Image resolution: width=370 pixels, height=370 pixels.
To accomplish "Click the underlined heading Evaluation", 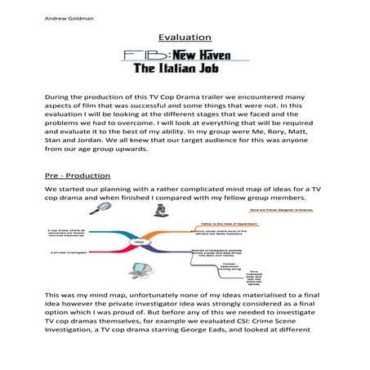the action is point(185,38).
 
